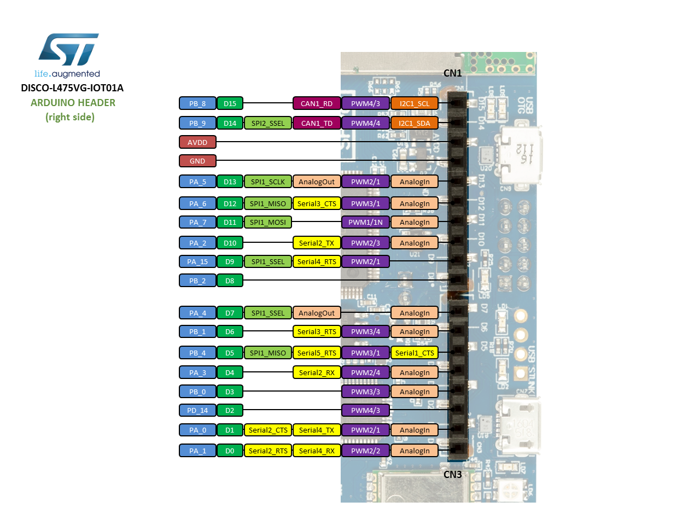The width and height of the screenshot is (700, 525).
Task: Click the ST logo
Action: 68,50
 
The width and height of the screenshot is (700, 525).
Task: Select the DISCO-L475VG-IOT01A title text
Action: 72,88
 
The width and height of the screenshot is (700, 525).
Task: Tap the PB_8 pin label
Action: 197,103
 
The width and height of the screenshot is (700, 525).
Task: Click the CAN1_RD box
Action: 317,103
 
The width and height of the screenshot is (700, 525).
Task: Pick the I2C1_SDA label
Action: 414,123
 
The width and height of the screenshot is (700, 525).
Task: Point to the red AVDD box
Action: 197,142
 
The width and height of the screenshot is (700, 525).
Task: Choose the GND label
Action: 197,161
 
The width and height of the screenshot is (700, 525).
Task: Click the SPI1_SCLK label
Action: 268,182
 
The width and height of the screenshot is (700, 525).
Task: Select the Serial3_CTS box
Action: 317,203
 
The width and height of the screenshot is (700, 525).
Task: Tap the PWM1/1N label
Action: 365,222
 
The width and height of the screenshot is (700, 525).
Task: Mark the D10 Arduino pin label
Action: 230,243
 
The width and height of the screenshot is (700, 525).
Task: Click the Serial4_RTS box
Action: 317,261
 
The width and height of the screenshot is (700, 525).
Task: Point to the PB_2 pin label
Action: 197,281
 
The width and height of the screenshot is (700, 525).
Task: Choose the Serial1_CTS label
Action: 415,353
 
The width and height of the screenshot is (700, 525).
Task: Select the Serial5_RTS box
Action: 317,353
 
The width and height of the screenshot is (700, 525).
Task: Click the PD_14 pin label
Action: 197,410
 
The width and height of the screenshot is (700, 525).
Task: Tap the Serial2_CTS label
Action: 268,430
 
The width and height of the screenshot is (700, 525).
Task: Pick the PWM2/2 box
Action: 365,451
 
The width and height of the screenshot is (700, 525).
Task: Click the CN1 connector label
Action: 452,73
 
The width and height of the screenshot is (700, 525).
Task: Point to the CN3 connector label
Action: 452,474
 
